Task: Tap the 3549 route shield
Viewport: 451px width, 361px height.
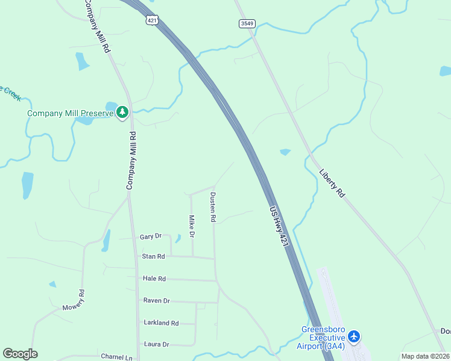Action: [x=247, y=23]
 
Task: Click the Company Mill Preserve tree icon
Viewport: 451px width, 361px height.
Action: [x=122, y=113]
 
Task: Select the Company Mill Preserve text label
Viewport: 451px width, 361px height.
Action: [x=71, y=113]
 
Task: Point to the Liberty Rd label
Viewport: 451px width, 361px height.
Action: [x=332, y=183]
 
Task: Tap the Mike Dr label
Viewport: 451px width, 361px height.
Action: [x=192, y=227]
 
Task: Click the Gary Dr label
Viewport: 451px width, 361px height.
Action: [x=151, y=236]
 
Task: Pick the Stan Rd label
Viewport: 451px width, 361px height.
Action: [x=153, y=256]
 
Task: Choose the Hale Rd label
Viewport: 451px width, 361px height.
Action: [x=154, y=279]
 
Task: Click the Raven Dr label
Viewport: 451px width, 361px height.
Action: [x=156, y=300]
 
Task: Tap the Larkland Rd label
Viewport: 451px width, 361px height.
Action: [x=161, y=322]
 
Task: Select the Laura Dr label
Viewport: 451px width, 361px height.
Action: [x=156, y=344]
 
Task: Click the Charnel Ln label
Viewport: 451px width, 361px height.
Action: [x=116, y=357]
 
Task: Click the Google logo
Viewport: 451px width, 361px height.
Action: [x=20, y=354]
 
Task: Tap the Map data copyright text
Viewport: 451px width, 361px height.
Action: [x=426, y=356]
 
